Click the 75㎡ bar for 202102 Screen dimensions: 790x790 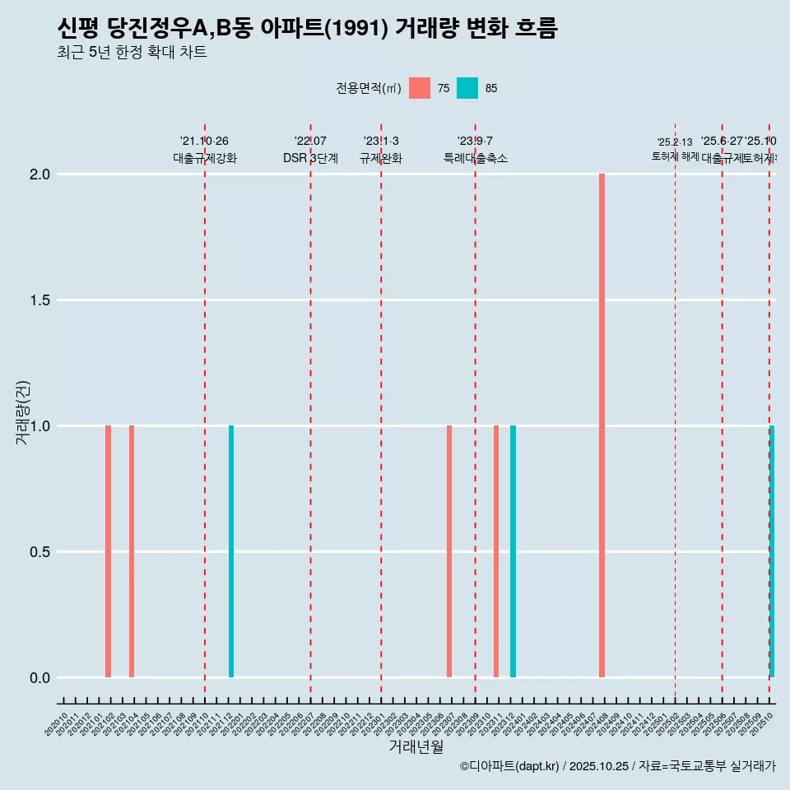pyautogui.click(x=108, y=551)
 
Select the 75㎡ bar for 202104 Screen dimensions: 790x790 pyautogui.click(x=132, y=551)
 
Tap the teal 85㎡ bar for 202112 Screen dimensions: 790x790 pyautogui.click(x=231, y=551)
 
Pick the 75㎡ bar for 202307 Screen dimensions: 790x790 pyautogui.click(x=449, y=551)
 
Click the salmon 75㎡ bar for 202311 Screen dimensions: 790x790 pyautogui.click(x=496, y=551)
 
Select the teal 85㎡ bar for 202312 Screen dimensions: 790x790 pyautogui.click(x=513, y=551)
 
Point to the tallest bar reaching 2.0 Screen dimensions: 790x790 pyautogui.click(x=602, y=425)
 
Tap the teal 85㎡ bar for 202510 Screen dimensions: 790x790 pyautogui.click(x=772, y=551)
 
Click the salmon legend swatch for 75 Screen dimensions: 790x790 pyautogui.click(x=420, y=88)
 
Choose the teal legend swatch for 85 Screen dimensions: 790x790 pyautogui.click(x=467, y=88)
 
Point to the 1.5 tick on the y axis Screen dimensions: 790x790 pyautogui.click(x=40, y=300)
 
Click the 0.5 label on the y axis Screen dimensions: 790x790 pyautogui.click(x=40, y=552)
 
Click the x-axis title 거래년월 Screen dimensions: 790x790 pyautogui.click(x=416, y=746)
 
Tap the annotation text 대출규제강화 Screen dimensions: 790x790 pyautogui.click(x=205, y=159)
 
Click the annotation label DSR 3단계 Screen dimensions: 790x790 pyautogui.click(x=310, y=159)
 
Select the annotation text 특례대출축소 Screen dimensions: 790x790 pyautogui.click(x=475, y=159)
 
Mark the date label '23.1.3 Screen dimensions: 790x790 pyautogui.click(x=381, y=141)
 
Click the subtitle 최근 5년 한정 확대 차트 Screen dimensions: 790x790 pyautogui.click(x=132, y=53)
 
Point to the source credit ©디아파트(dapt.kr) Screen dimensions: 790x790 pyautogui.click(x=509, y=766)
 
